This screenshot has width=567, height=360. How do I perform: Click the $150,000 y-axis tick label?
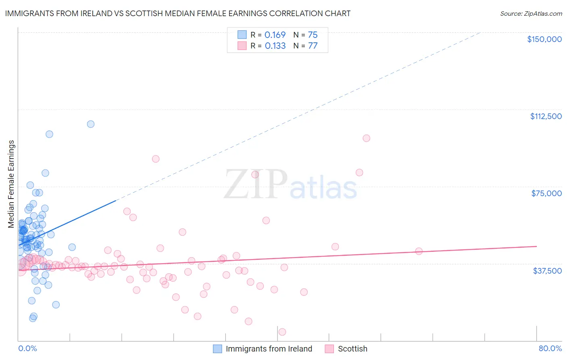click(544, 39)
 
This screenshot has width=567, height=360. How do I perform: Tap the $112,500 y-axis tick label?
click(546, 116)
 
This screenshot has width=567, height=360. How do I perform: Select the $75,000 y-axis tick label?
click(546, 193)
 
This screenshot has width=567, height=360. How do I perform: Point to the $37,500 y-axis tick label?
click(547, 270)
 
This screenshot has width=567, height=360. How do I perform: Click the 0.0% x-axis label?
click(27, 349)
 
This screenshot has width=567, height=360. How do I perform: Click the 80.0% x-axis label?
click(550, 349)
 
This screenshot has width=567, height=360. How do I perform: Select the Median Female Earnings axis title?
click(11, 184)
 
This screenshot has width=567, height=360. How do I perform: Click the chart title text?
click(178, 13)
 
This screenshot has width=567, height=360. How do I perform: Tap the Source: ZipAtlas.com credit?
click(531, 13)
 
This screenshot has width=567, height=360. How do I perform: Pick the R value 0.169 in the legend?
click(275, 35)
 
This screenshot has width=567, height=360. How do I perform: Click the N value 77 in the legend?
click(313, 46)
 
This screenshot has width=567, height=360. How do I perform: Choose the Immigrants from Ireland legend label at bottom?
click(269, 349)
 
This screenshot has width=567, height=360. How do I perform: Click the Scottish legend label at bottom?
click(352, 349)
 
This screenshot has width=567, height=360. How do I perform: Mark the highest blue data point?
click(91, 124)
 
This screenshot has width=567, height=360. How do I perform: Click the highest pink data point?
click(366, 138)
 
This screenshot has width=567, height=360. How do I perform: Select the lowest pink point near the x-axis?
click(282, 332)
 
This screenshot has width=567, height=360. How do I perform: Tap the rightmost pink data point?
click(419, 251)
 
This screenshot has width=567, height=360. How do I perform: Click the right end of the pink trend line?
click(536, 246)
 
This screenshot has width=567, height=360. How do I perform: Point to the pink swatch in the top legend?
click(242, 46)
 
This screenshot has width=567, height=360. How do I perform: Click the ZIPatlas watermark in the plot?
click(290, 185)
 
